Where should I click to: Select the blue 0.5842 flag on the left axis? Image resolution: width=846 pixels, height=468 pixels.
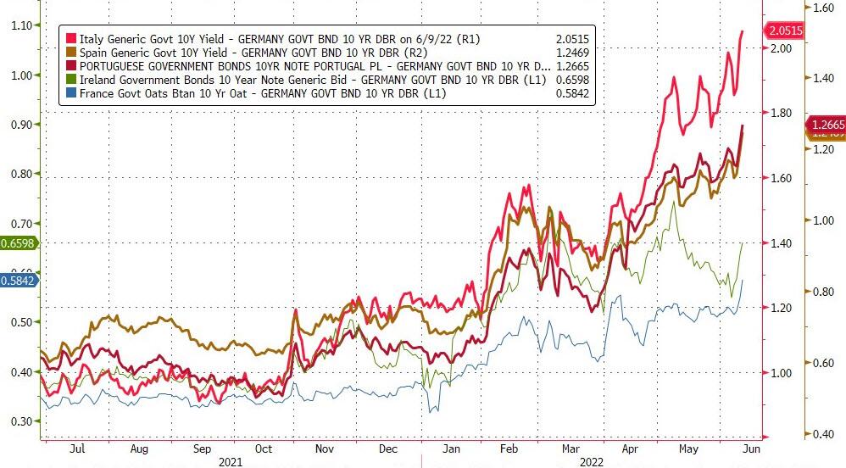point(19,280)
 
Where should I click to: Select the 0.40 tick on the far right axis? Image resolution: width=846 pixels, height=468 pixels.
point(825,434)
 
